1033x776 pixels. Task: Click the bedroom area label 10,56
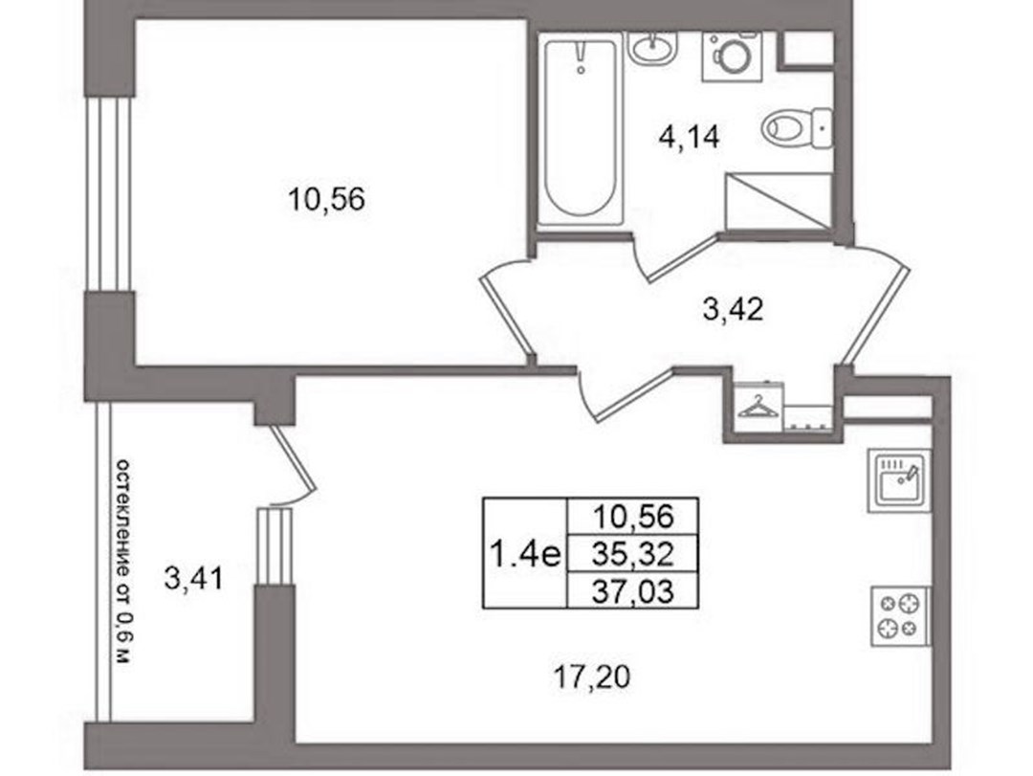[327, 198]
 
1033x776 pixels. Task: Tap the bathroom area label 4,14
[689, 138]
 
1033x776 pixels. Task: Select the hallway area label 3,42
[733, 309]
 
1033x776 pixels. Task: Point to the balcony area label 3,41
[193, 580]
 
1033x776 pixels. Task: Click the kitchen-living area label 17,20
[592, 677]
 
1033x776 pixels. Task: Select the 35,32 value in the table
[632, 555]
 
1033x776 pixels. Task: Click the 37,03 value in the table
[632, 591]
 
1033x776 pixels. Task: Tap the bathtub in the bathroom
[581, 128]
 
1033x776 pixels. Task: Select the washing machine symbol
[732, 56]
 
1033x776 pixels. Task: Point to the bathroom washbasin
[652, 48]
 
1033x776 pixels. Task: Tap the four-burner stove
[901, 616]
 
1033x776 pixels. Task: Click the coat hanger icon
[758, 408]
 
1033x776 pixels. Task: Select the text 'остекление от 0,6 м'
[123, 562]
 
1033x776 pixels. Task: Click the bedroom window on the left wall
[111, 193]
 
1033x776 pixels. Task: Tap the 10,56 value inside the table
[632, 516]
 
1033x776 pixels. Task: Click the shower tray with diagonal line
[779, 202]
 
